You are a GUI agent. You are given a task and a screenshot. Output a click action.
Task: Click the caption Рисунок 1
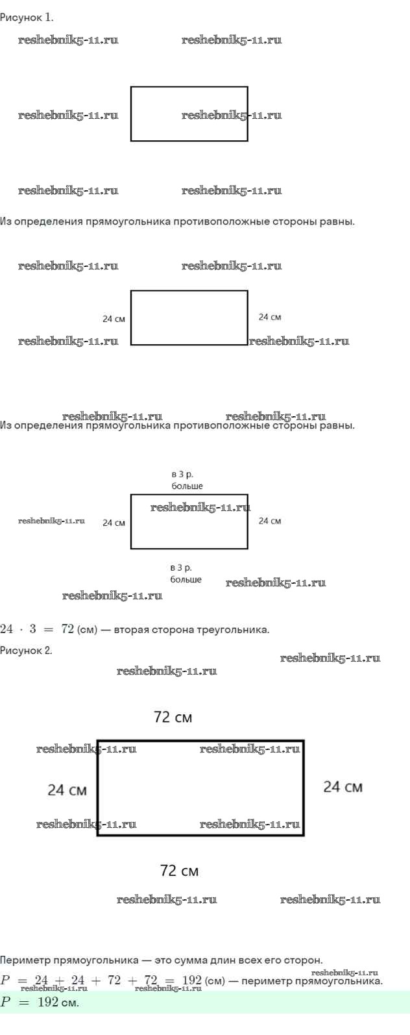pyautogui.click(x=27, y=18)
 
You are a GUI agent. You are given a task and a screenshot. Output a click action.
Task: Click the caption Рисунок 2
pyautogui.click(x=27, y=650)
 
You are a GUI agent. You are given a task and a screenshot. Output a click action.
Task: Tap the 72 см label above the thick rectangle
pyautogui.click(x=173, y=717)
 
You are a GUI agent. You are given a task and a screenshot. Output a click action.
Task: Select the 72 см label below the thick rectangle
pyautogui.click(x=179, y=871)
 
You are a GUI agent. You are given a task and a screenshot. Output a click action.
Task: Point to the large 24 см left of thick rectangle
pyautogui.click(x=67, y=790)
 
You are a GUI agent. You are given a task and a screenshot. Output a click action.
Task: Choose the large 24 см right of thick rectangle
pyautogui.click(x=343, y=787)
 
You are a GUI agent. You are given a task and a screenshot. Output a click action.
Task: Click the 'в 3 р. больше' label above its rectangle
pyautogui.click(x=187, y=480)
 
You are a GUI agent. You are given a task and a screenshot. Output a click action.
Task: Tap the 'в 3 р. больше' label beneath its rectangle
pyautogui.click(x=186, y=573)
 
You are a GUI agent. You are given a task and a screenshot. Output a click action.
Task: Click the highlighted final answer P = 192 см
pyautogui.click(x=40, y=1003)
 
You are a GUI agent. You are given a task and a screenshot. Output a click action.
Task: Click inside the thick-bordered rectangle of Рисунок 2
pyautogui.click(x=200, y=788)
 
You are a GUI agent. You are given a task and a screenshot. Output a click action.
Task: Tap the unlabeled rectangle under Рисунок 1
pyautogui.click(x=189, y=114)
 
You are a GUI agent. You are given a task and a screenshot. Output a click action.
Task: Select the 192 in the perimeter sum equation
pyautogui.click(x=192, y=980)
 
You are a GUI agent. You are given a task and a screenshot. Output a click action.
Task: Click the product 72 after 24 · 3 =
pyautogui.click(x=67, y=629)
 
